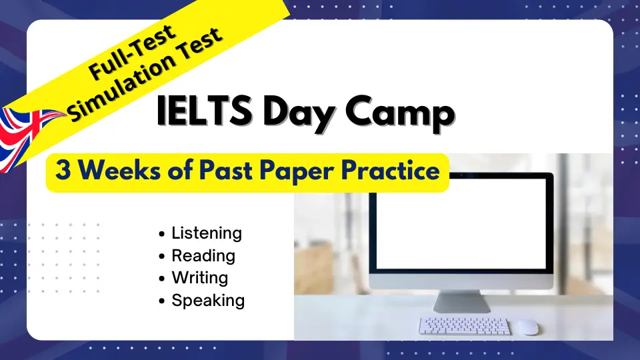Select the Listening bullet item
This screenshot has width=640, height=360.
(x=206, y=233)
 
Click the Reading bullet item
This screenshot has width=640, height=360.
(x=203, y=256)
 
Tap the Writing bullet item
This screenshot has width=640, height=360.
(x=199, y=278)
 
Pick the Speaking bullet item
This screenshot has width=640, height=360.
(x=207, y=301)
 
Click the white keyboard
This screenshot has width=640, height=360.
(x=464, y=326)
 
